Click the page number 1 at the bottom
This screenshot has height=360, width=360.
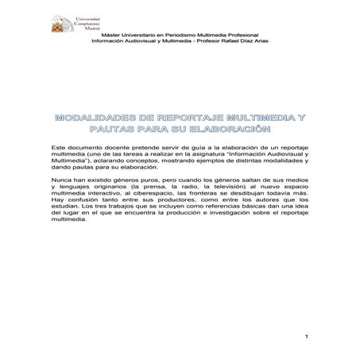pyautogui.click(x=305, y=339)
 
